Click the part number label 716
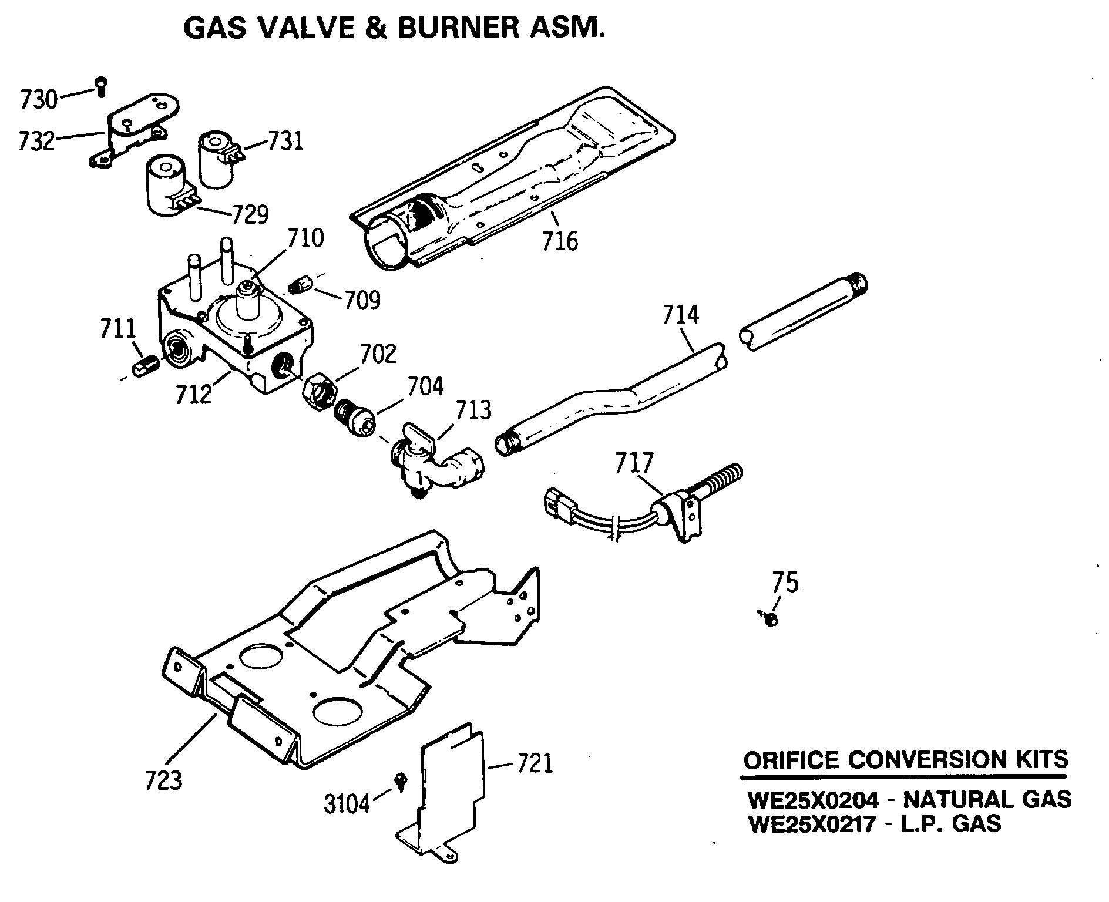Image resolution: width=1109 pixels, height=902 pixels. pos(559,241)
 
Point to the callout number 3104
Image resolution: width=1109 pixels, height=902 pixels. pos(347,803)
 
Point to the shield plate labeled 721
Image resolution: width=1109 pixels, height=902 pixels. pos(452,787)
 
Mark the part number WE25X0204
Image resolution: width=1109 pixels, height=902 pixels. pos(813,800)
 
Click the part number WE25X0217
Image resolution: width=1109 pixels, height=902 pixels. pos(813,824)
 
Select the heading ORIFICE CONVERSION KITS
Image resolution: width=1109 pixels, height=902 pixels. pos(905,760)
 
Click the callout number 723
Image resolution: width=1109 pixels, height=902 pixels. pos(163,780)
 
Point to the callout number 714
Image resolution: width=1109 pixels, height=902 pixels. pos(681,315)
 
